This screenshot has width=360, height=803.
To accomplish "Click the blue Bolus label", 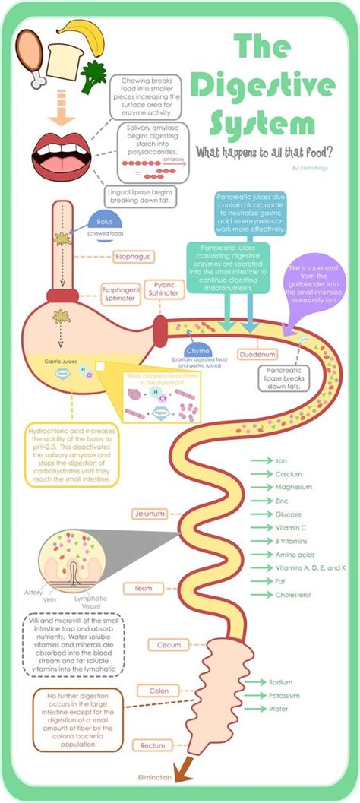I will click(x=105, y=223).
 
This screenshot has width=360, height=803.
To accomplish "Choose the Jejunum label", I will click(x=149, y=514).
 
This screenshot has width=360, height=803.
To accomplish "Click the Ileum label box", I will click(x=144, y=588).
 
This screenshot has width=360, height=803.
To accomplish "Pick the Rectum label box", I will click(x=150, y=745).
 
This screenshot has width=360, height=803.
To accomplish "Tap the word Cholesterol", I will click(x=294, y=595).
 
